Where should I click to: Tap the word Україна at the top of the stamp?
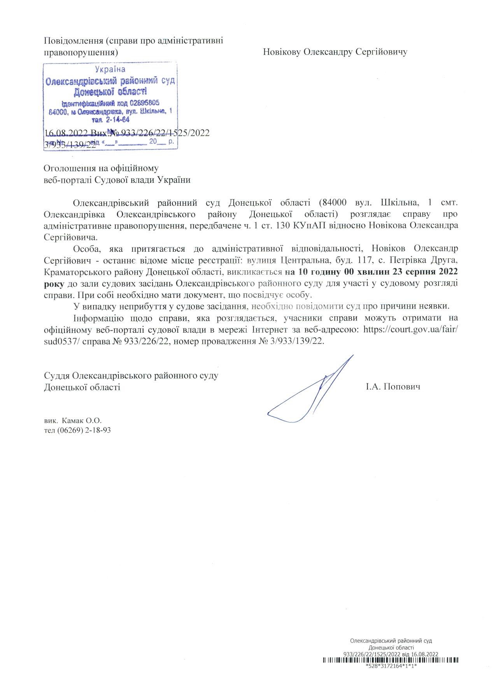click(110, 70)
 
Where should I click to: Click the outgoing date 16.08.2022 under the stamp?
click(67, 133)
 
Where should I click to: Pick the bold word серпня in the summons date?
click(422, 271)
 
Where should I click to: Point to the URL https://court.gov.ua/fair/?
click(410, 329)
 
